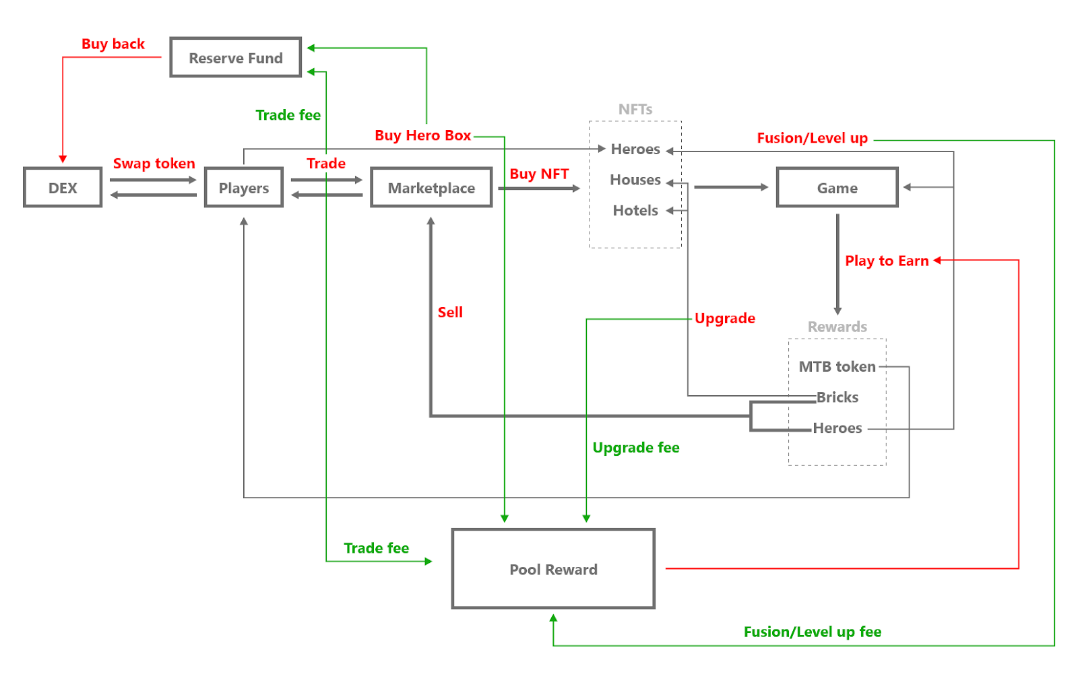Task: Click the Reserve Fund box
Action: coord(235,58)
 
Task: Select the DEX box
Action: coord(63,188)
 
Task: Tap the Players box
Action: coord(244,188)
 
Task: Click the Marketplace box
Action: coord(431,188)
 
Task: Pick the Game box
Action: coord(837,188)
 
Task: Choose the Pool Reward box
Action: coord(553,570)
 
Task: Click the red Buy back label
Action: coord(113,44)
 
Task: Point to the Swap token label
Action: coord(154,164)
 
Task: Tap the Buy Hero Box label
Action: coord(422,135)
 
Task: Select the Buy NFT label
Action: coord(539,174)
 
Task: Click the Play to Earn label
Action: coord(887,261)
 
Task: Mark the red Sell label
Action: coord(450,312)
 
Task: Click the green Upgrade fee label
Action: coord(635,448)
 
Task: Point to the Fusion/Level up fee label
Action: coord(812,632)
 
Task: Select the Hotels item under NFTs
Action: coord(635,211)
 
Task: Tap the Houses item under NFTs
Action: coord(635,180)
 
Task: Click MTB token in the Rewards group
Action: coord(837,367)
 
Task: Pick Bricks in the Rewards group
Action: coord(837,397)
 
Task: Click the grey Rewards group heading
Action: coord(837,327)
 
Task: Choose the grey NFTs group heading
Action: coord(635,109)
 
